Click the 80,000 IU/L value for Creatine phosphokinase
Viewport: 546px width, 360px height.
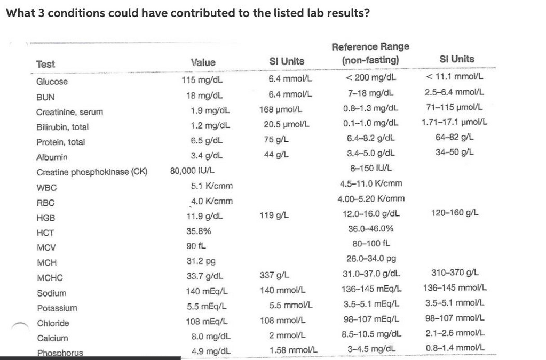coord(193,171)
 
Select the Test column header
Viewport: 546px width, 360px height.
coord(45,64)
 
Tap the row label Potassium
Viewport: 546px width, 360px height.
coord(57,308)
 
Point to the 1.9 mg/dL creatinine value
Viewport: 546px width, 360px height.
coord(210,111)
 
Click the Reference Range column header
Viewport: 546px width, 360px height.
coord(370,53)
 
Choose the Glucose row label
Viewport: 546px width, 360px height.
coord(52,82)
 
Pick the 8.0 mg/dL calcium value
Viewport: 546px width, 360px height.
coord(210,337)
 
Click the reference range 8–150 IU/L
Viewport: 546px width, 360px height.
coord(371,169)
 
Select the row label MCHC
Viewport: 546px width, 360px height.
coord(50,277)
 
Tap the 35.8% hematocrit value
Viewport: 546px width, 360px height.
coord(199,231)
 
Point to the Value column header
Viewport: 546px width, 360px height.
coord(203,62)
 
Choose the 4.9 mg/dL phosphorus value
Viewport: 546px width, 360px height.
coord(210,351)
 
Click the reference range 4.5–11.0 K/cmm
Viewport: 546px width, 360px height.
coord(371,183)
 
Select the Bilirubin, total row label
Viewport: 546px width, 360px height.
coord(62,127)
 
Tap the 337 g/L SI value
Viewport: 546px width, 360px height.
coord(275,275)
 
